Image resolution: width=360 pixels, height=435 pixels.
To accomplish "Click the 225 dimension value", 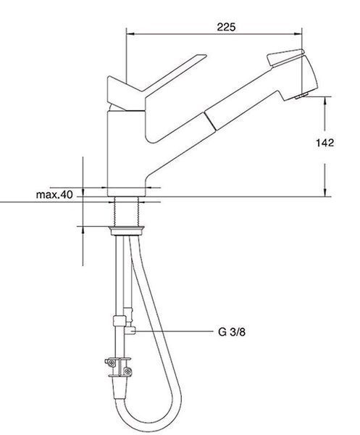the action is pos(226,28).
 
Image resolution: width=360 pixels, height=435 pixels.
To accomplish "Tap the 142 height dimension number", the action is pos(325,143).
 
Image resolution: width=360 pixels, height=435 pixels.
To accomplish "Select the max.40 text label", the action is pos(54,194).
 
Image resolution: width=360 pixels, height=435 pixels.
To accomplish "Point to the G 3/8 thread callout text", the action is pos(232,331).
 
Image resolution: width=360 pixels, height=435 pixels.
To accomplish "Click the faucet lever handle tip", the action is pos(204,56).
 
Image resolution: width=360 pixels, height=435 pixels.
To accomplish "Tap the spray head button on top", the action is pos(285,57).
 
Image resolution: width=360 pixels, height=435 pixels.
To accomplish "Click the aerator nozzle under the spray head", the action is pos(301,96).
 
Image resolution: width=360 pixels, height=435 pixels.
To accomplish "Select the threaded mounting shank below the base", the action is pos(126,212).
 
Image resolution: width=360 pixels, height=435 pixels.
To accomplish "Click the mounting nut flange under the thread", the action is pos(126,231).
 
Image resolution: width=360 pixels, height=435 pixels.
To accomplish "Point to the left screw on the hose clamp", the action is pos(111,362).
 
